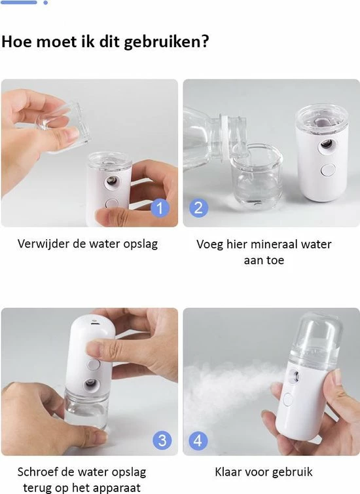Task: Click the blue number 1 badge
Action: pyautogui.click(x=160, y=208)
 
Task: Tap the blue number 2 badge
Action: pyautogui.click(x=198, y=208)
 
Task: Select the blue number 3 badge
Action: pyautogui.click(x=162, y=440)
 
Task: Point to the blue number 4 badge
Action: pyautogui.click(x=198, y=440)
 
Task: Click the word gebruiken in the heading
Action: pyautogui.click(x=166, y=42)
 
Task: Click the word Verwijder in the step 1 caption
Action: pyautogui.click(x=43, y=244)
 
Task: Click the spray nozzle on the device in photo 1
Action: pyautogui.click(x=113, y=181)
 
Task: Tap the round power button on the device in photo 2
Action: pyautogui.click(x=327, y=170)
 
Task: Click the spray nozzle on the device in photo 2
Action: pyautogui.click(x=327, y=145)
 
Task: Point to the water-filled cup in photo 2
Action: pyautogui.click(x=256, y=176)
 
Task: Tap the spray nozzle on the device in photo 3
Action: pyautogui.click(x=92, y=384)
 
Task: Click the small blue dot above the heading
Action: pyautogui.click(x=46, y=3)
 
